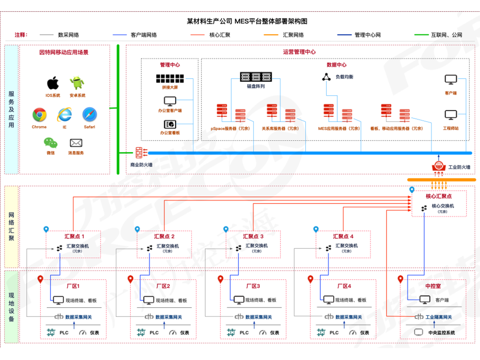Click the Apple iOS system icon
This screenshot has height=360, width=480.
53,83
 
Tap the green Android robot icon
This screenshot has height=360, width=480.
77,83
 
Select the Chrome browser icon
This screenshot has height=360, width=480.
39,115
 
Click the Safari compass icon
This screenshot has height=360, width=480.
90,115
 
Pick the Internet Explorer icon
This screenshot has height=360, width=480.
64,115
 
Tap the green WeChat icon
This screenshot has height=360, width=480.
50,142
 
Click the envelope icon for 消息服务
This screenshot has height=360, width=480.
76,143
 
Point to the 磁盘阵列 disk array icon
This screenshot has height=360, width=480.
256,76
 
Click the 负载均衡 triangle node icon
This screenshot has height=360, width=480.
326,77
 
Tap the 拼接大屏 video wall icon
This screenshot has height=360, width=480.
170,78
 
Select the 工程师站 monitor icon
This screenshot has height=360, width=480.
451,115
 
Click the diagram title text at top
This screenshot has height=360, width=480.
247,21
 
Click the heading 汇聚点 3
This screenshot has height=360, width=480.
254,236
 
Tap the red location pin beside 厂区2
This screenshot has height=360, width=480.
130,279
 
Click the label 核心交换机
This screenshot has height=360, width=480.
443,206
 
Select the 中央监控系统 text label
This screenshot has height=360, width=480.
441,332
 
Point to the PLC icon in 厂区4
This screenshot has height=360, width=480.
321,332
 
